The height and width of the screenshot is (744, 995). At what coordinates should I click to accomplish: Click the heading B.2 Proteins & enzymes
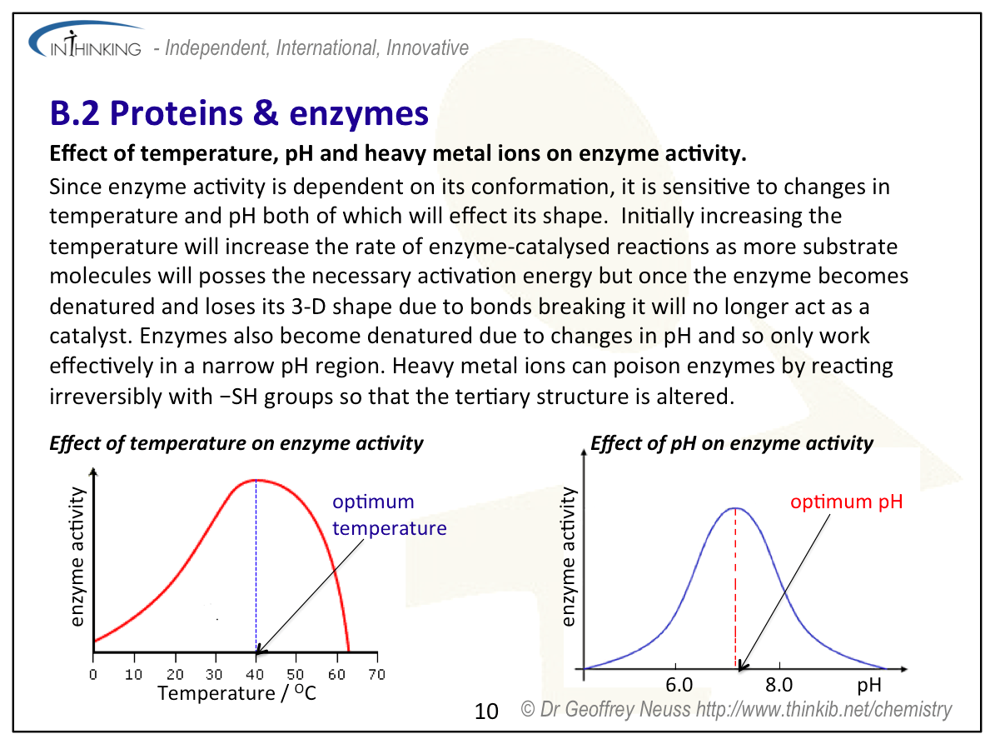239,112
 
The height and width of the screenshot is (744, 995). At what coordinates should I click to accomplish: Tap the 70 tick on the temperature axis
376,674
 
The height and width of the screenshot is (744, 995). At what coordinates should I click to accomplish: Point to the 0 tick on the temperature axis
93,674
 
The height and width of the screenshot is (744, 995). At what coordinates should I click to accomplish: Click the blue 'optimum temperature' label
389,515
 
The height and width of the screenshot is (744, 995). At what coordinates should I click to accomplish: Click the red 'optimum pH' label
846,502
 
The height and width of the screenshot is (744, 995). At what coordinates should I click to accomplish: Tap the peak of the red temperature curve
256,480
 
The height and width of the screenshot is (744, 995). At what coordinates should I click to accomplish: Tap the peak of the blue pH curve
734,507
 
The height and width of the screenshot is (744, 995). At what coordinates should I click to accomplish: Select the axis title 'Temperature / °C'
236,693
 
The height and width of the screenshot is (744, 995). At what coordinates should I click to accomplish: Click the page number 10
486,711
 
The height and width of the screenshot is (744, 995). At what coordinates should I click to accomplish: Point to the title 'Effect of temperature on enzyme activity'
236,443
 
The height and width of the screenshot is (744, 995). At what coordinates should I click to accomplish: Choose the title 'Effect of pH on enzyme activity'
731,443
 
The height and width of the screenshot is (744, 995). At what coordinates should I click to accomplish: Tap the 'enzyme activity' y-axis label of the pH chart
569,557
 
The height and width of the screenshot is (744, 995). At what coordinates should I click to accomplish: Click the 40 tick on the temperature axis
256,674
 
